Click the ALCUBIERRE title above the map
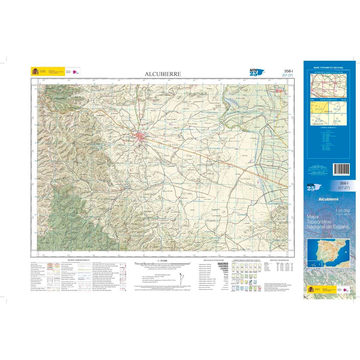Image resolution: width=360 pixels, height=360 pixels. click(x=163, y=74)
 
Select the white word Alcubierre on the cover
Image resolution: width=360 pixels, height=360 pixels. click(x=328, y=199)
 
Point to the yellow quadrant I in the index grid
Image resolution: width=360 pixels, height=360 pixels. click(x=319, y=108)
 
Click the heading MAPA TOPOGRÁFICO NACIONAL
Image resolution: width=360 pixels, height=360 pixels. click(x=328, y=68)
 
